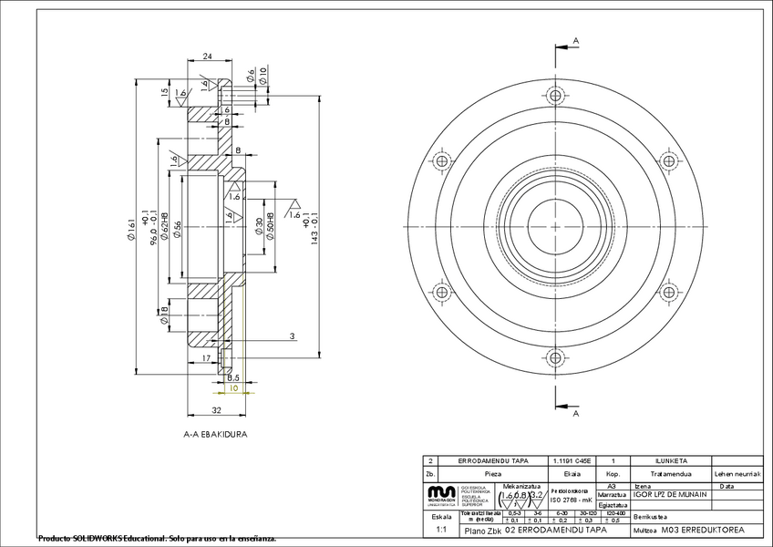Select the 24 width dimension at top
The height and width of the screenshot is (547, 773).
[x=207, y=57]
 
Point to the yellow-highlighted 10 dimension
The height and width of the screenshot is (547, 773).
[x=233, y=388]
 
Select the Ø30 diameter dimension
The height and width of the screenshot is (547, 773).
[x=259, y=227]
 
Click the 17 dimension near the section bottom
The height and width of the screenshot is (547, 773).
[x=207, y=359]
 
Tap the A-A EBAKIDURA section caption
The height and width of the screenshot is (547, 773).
[x=215, y=435]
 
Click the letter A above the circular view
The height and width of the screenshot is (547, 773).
[x=576, y=40]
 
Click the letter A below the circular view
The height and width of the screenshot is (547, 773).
[x=576, y=414]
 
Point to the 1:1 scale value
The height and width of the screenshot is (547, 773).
[x=441, y=529]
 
